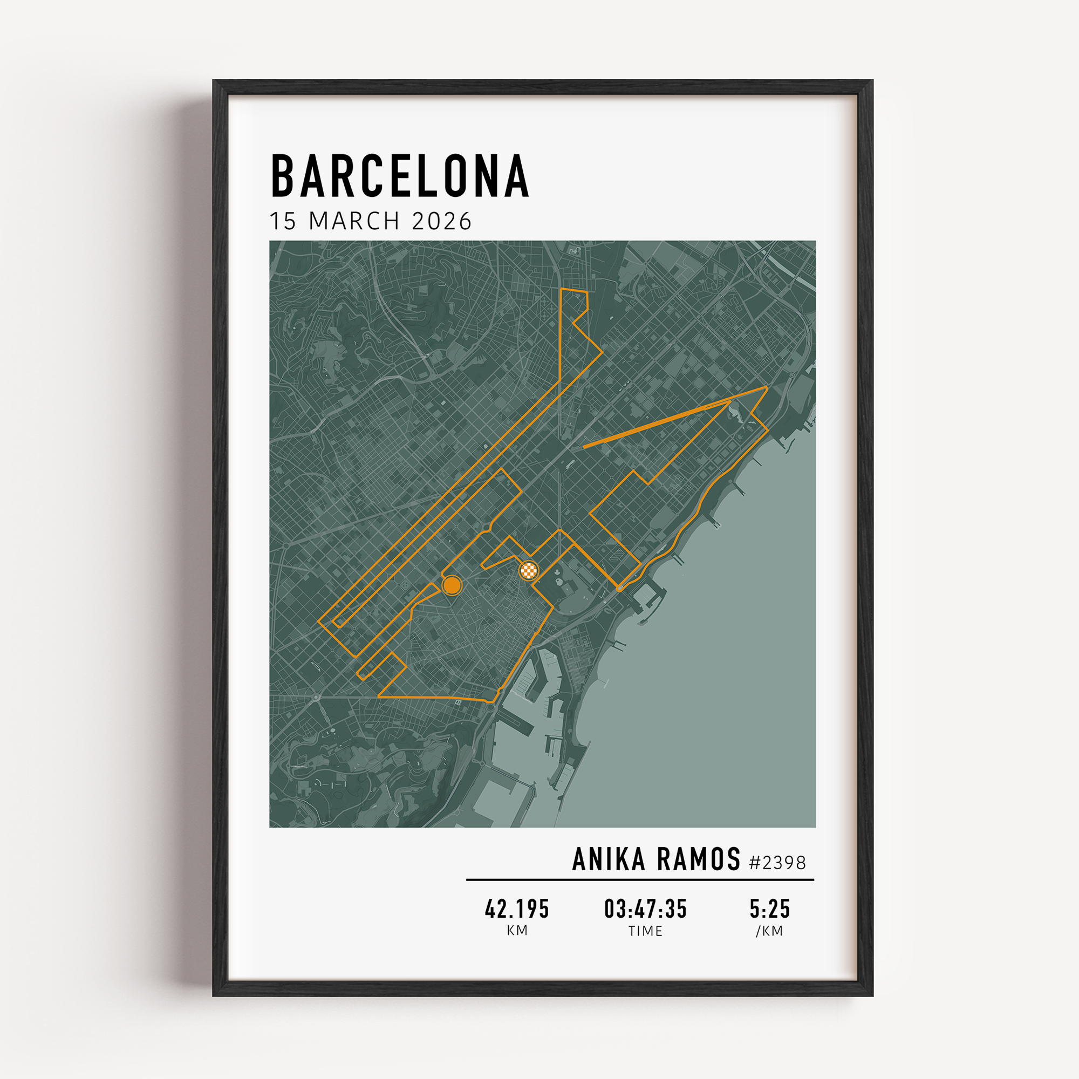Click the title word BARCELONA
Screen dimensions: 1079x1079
pyautogui.click(x=399, y=176)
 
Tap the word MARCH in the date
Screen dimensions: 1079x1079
pyautogui.click(x=354, y=221)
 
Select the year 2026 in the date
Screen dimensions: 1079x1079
pyautogui.click(x=441, y=221)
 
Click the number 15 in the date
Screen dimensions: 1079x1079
pyautogui.click(x=283, y=221)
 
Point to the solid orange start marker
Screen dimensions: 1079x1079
pyautogui.click(x=451, y=585)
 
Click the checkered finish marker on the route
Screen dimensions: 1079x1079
pyautogui.click(x=528, y=570)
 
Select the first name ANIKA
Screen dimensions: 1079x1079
pyautogui.click(x=609, y=860)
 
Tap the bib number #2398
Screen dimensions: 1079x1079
pyautogui.click(x=777, y=863)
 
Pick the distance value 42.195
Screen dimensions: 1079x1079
pyautogui.click(x=517, y=909)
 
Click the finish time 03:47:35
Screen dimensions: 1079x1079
pyautogui.click(x=646, y=909)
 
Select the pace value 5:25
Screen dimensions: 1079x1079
pyautogui.click(x=770, y=909)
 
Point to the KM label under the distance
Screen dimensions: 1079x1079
pyautogui.click(x=517, y=931)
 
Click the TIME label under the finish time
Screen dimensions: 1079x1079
pyautogui.click(x=646, y=931)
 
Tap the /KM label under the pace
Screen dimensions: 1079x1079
pyautogui.click(x=770, y=931)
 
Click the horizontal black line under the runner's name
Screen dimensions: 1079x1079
pyautogui.click(x=640, y=879)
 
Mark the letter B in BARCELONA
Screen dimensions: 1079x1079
pyautogui.click(x=283, y=176)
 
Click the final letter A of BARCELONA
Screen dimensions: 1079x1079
pyautogui.click(x=517, y=176)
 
